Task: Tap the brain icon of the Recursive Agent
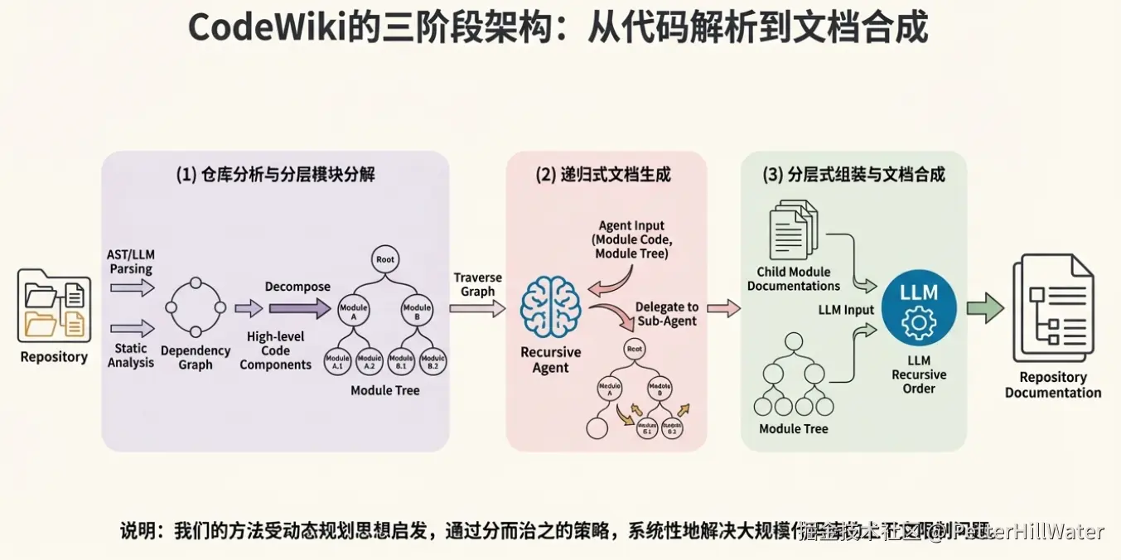551,307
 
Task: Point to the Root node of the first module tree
385,259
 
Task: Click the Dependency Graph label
196,358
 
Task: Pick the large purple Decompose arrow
297,310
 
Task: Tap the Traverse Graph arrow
478,309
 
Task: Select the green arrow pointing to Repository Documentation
985,308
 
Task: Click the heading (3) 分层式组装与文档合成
853,174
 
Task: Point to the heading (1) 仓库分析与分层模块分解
275,174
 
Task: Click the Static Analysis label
131,355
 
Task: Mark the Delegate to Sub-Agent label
667,314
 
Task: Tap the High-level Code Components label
276,350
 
